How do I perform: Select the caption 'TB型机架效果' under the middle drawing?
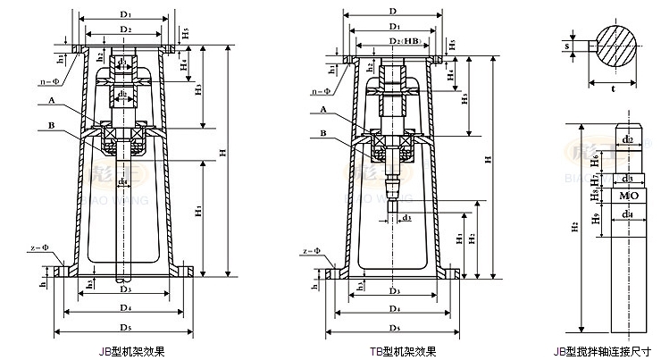click(402, 351)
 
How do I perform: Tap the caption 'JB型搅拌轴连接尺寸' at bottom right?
click(609, 351)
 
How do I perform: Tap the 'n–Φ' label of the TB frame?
click(322, 90)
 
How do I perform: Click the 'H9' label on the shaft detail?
click(595, 216)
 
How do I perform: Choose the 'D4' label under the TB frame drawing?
click(393, 308)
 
